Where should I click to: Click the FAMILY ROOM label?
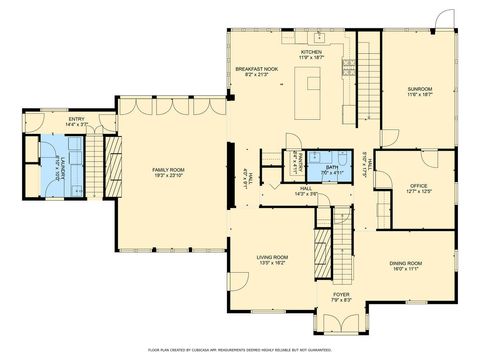point(168,170)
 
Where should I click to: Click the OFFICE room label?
point(419,186)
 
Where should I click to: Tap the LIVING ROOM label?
point(273,257)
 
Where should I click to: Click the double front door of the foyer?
point(341,325)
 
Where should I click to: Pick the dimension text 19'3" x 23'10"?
point(168,177)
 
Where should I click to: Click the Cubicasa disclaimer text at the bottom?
point(240,350)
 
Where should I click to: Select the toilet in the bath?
point(342,158)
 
